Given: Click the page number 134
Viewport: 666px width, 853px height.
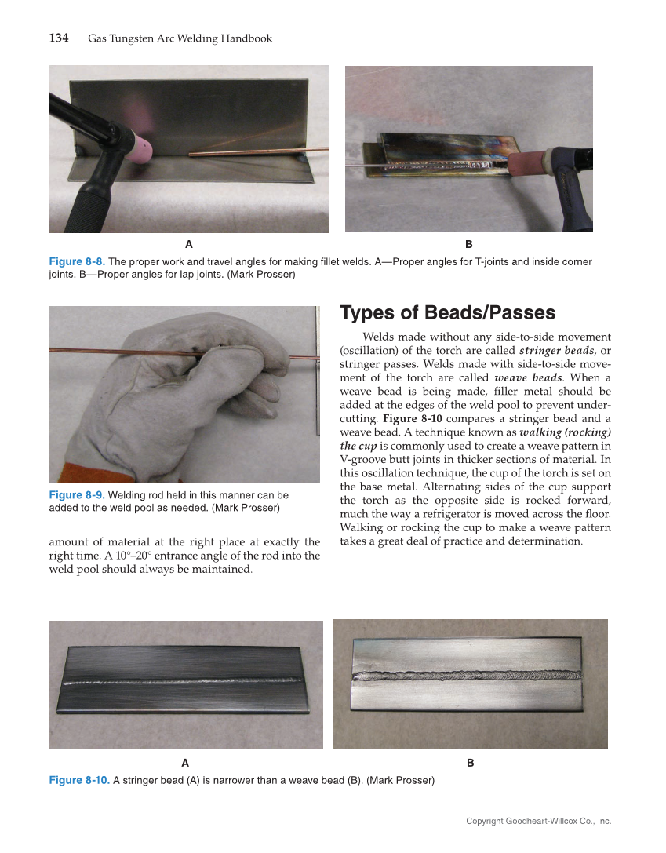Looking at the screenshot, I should point(59,38).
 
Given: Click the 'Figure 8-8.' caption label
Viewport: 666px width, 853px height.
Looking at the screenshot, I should point(76,261).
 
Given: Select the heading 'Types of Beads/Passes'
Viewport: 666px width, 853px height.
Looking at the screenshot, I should point(447,312).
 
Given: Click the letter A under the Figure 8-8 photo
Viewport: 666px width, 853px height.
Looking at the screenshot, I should point(188,244).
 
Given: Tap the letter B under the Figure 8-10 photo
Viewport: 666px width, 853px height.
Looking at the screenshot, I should point(470,763).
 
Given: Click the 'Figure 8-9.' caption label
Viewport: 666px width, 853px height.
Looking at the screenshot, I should point(76,495).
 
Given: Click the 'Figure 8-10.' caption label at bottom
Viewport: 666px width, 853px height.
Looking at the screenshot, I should point(79,780).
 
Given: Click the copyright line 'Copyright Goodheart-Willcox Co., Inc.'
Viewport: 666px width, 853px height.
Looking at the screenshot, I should point(538,821).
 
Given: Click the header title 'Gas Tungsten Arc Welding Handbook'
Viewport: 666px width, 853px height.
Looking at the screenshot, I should point(180,38).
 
